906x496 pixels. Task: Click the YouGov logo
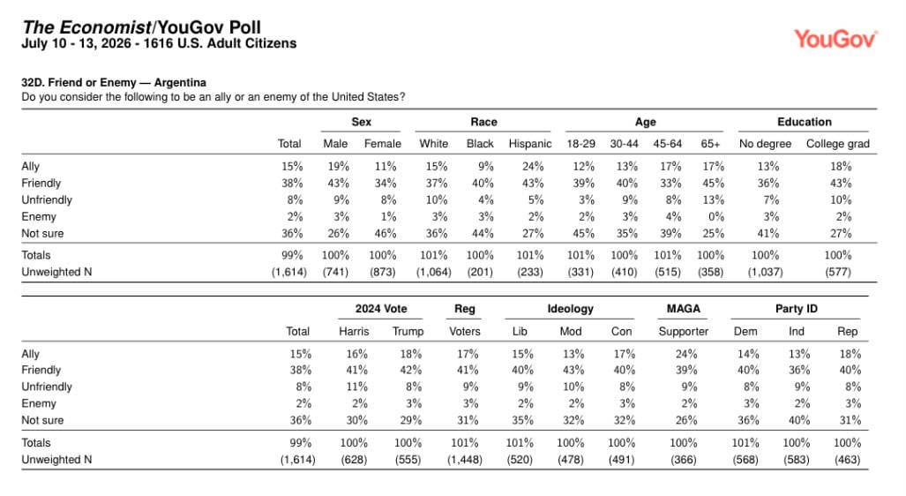click(x=835, y=39)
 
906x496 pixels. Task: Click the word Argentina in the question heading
click(x=180, y=83)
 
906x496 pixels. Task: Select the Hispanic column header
click(x=530, y=143)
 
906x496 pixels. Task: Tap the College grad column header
click(x=838, y=143)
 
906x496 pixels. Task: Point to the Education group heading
click(x=805, y=122)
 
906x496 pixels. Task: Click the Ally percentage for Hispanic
click(x=533, y=167)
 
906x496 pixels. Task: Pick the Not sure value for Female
click(x=385, y=234)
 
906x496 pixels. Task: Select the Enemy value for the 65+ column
click(x=716, y=217)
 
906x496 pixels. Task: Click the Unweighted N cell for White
click(x=433, y=272)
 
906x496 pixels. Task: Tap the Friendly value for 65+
click(x=713, y=184)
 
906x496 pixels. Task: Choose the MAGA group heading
click(x=683, y=309)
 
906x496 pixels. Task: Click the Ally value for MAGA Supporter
click(x=686, y=354)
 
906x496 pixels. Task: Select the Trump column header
click(x=408, y=331)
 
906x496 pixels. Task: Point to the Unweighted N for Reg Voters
click(x=465, y=460)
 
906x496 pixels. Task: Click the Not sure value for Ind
click(x=799, y=420)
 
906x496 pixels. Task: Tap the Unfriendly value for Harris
click(x=356, y=387)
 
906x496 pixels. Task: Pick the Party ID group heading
click(x=797, y=309)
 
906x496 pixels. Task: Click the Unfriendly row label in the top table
click(x=47, y=200)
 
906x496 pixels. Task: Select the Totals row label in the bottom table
click(x=36, y=443)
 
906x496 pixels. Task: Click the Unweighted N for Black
click(x=480, y=272)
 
